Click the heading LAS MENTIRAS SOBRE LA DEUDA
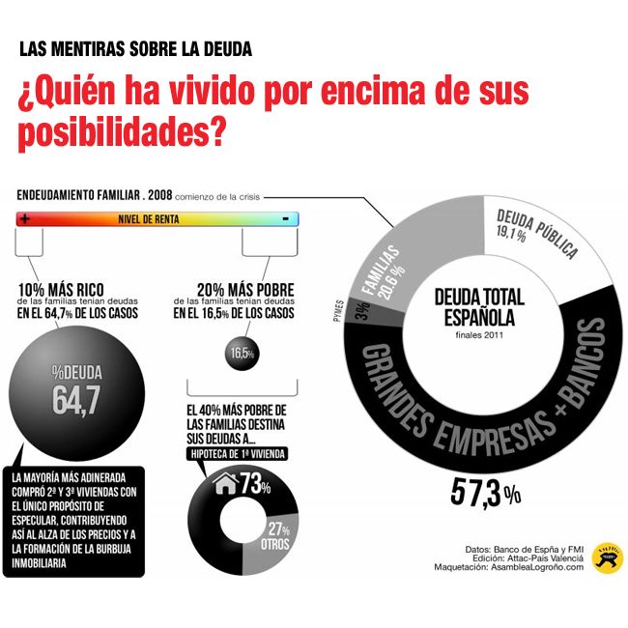coord(135,49)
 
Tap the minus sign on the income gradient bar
coord(286,219)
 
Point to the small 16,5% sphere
coord(242,354)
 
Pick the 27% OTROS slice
coord(279,535)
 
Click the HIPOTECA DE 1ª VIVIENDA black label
coord(241,452)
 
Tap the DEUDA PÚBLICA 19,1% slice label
coord(537,233)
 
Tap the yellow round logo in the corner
coord(607,557)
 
